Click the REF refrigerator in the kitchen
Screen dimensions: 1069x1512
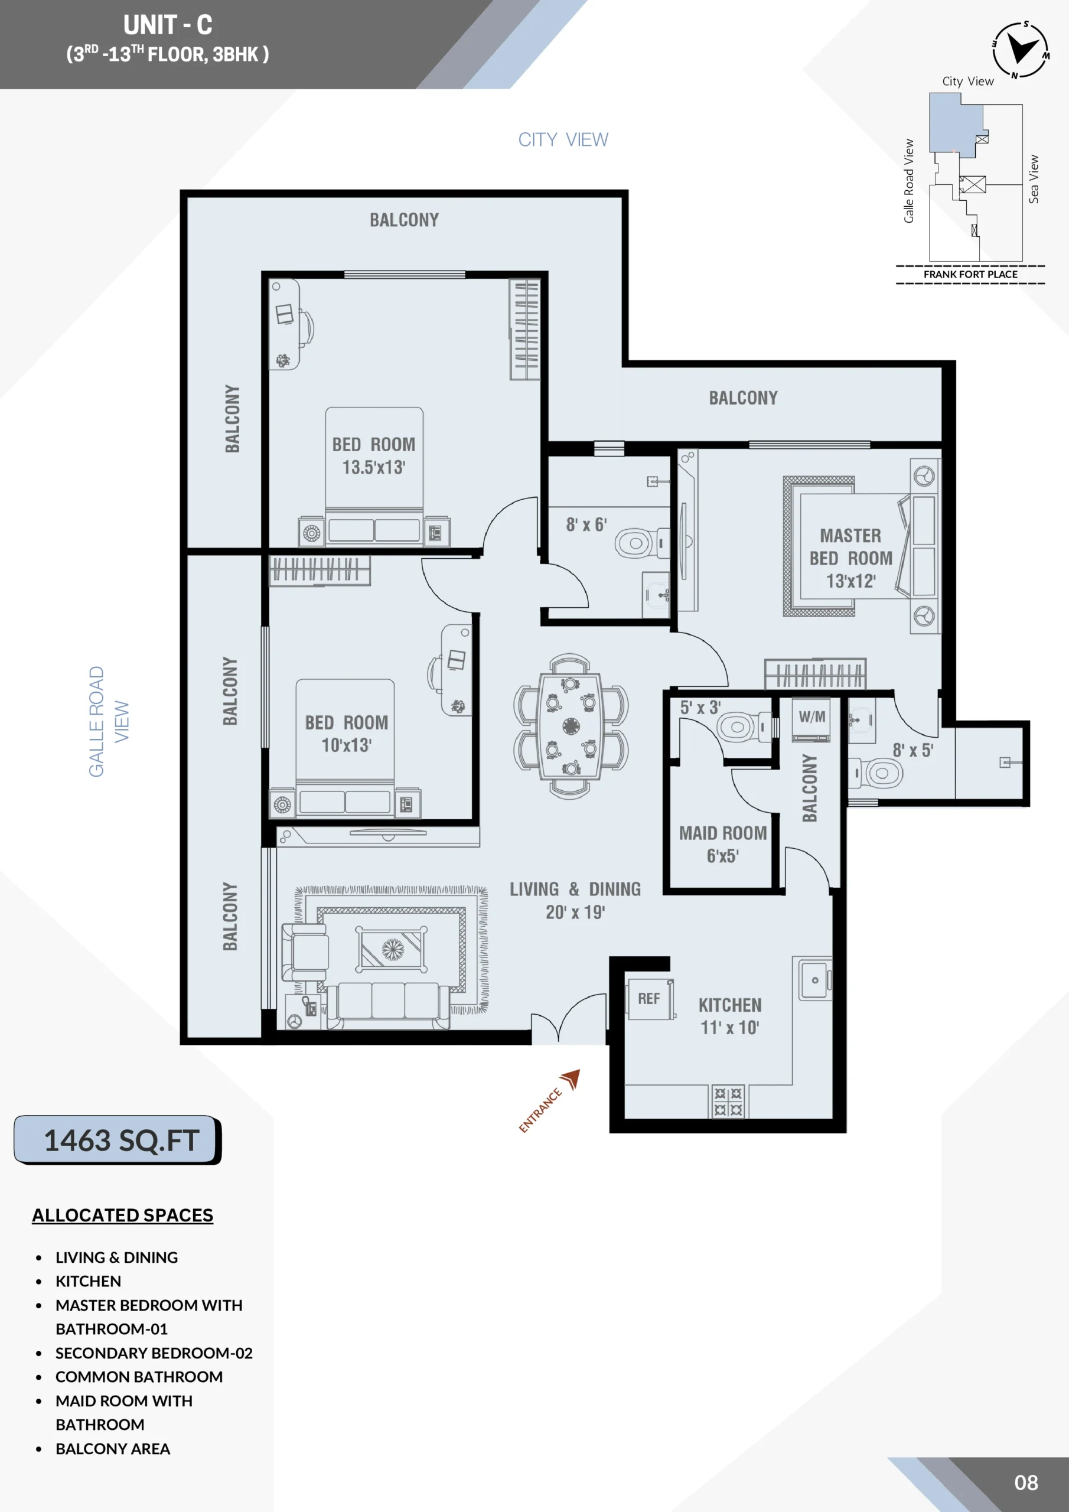coord(651,998)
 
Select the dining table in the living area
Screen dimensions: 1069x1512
coord(571,726)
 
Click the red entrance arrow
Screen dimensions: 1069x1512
coord(571,1078)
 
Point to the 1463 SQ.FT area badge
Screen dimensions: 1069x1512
coord(118,1140)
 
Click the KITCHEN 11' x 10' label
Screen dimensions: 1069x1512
coord(730,1016)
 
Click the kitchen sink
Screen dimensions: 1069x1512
coord(815,979)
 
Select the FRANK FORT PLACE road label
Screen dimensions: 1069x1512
coord(970,274)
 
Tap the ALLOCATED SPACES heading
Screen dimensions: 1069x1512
coord(122,1215)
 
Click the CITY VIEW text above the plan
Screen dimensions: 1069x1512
coord(563,139)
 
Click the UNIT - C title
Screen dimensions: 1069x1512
coord(168,25)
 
